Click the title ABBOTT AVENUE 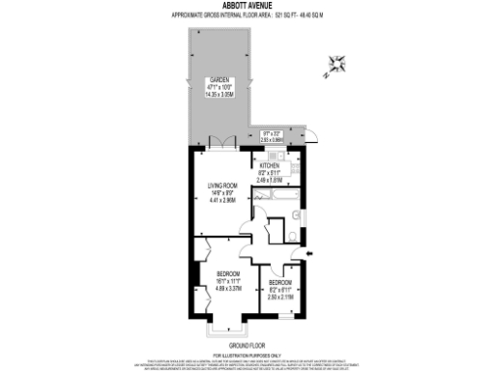pos(247,5)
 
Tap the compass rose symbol pos(337,64)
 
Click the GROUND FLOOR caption pos(247,345)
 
